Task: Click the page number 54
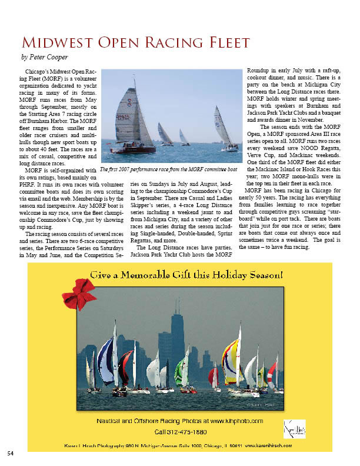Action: tap(11, 452)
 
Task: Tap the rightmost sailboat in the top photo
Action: tap(222, 127)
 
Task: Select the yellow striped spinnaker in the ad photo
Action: tap(230, 359)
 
